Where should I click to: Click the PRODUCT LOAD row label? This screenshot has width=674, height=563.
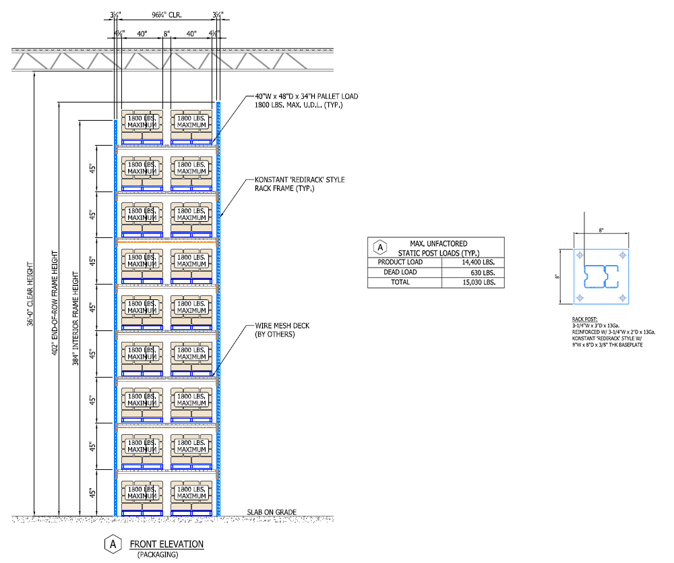tap(400, 262)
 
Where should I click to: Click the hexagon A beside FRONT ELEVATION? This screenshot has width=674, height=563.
tap(113, 544)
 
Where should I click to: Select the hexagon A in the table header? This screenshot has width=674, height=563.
tap(379, 247)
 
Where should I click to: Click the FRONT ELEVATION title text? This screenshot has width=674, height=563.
tap(166, 544)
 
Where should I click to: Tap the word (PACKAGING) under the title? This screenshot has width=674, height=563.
tap(158, 555)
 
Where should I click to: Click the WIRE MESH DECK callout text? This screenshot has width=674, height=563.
tap(282, 330)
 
